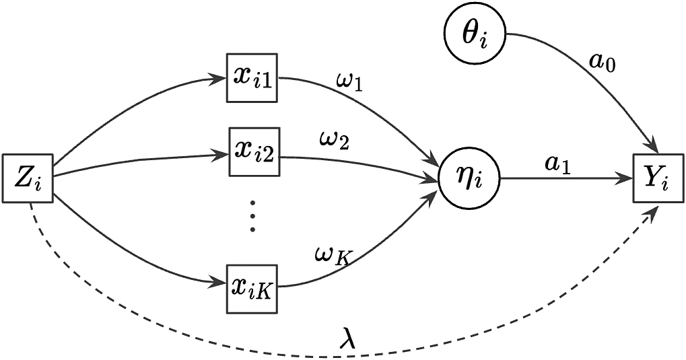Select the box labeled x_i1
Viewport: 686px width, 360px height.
click(252, 78)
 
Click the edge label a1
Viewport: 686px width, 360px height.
click(558, 165)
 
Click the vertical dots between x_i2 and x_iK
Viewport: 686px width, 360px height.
click(252, 215)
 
